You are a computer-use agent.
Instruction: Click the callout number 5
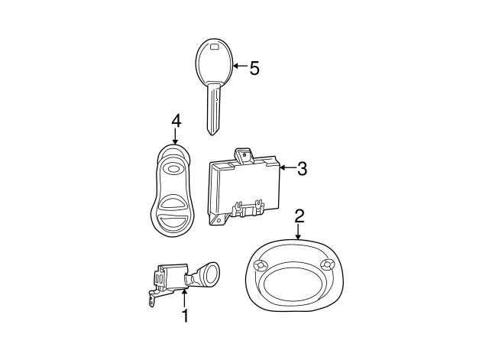click(254, 68)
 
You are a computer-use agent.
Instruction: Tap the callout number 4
click(176, 121)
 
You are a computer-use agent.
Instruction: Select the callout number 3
click(302, 169)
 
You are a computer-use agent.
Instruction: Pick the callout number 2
click(300, 216)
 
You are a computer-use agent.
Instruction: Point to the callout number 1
click(185, 316)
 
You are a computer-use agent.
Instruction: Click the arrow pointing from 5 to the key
click(240, 66)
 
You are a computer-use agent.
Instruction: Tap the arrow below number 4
click(175, 136)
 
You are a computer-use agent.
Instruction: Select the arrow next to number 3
click(287, 168)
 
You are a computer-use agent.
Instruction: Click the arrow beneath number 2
click(299, 232)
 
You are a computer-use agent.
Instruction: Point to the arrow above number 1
click(184, 298)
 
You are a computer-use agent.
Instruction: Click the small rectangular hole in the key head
click(215, 47)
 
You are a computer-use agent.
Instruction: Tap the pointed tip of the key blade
click(212, 135)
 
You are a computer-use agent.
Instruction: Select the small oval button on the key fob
click(172, 169)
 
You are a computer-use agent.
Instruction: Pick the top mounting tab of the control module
click(244, 155)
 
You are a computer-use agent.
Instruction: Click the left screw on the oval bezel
click(261, 265)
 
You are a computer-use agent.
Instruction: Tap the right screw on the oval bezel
click(327, 264)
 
